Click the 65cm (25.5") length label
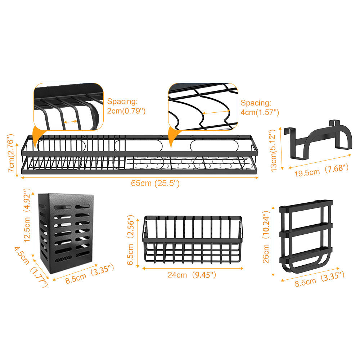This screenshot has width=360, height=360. pyautogui.click(x=155, y=183)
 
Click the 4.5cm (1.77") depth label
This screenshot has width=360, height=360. pyautogui.click(x=31, y=266)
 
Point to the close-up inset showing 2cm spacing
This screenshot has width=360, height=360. pyautogui.click(x=68, y=106)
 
